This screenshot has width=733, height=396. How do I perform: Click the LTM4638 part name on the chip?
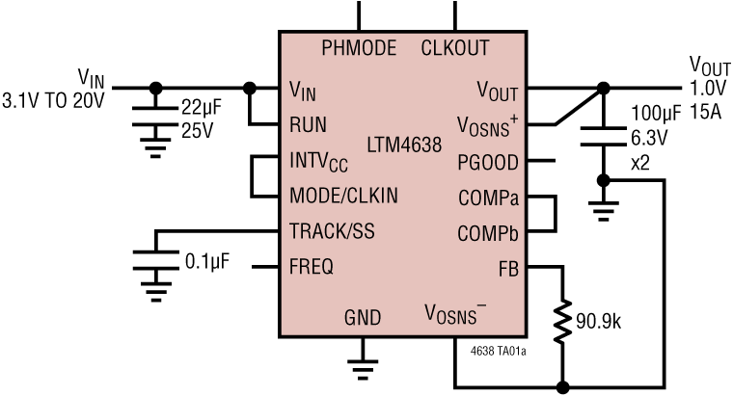404,147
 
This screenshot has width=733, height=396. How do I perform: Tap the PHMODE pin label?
359,47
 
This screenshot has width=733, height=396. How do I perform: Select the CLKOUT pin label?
455,47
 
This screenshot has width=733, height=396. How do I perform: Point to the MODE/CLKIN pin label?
343,195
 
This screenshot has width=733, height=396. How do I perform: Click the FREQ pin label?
312,267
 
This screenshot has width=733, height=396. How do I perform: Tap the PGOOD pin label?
489,161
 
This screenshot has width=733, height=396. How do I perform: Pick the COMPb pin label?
488,232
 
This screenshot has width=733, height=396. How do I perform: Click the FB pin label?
507,268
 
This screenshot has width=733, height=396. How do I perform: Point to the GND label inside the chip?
363,318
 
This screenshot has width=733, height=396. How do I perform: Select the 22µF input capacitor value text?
199,107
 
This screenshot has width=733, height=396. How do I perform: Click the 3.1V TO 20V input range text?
53,98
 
